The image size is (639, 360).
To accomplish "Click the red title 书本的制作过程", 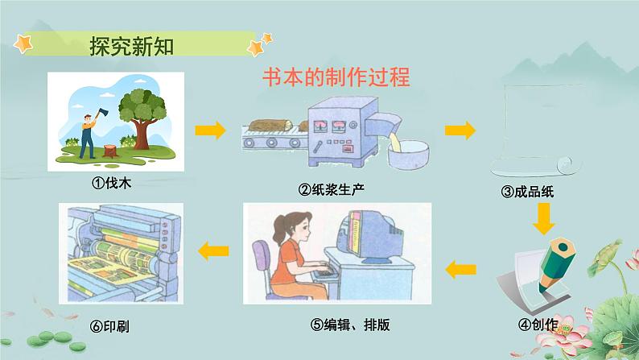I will [337, 77].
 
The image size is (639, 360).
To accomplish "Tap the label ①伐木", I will [112, 183].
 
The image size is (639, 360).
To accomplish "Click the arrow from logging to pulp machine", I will [209, 128].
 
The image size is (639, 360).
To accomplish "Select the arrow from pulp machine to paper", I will [459, 129].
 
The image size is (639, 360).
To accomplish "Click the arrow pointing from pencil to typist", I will [461, 268].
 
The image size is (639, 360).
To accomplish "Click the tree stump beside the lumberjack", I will [109, 151].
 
